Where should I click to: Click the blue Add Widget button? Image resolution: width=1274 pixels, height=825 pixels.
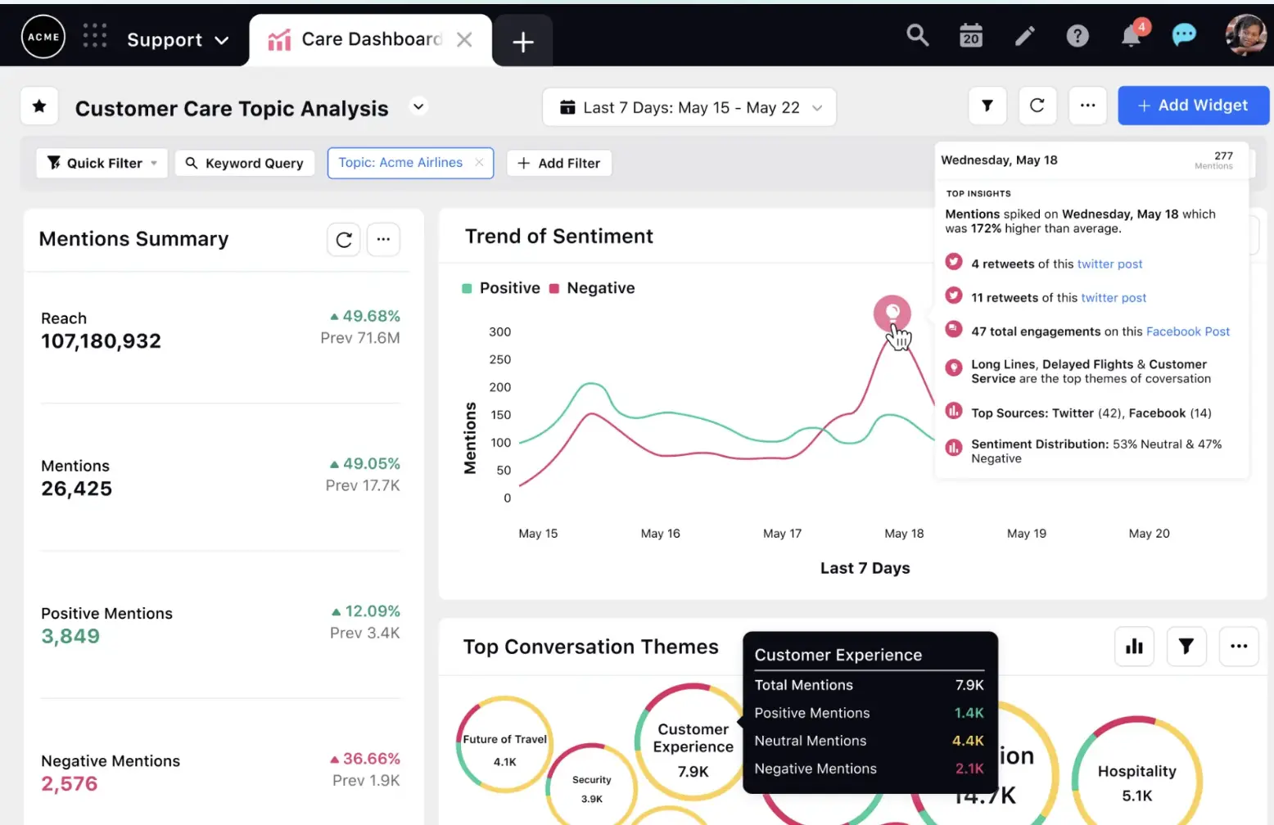tap(1193, 106)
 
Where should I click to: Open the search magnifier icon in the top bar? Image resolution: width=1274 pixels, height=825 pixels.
tap(917, 35)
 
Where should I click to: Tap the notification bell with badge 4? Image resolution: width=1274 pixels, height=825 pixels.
tap(1131, 36)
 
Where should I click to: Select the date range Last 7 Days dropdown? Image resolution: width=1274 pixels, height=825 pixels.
tap(689, 108)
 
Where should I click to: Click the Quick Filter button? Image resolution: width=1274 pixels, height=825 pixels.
tap(102, 163)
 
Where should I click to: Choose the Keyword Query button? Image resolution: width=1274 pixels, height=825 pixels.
tap(245, 163)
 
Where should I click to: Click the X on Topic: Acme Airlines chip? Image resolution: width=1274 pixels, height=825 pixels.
tap(479, 162)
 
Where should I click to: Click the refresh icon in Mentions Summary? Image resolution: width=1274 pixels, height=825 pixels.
tap(344, 240)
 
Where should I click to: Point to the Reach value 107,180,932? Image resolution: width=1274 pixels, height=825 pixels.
tap(101, 341)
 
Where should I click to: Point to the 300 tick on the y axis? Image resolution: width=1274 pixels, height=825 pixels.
tap(499, 331)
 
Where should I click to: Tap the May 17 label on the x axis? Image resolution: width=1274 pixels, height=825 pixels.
tap(782, 534)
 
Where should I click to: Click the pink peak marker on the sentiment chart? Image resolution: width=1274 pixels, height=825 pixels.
tap(892, 312)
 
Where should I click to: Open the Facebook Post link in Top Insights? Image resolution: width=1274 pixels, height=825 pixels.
tap(1187, 331)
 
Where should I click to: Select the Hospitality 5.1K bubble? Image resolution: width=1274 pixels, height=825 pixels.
tap(1136, 782)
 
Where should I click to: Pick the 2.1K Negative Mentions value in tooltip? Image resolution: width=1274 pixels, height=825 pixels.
tap(969, 769)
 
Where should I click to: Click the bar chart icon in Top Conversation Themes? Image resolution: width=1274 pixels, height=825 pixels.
tap(1134, 647)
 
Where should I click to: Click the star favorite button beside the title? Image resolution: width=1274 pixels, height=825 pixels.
tap(39, 106)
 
